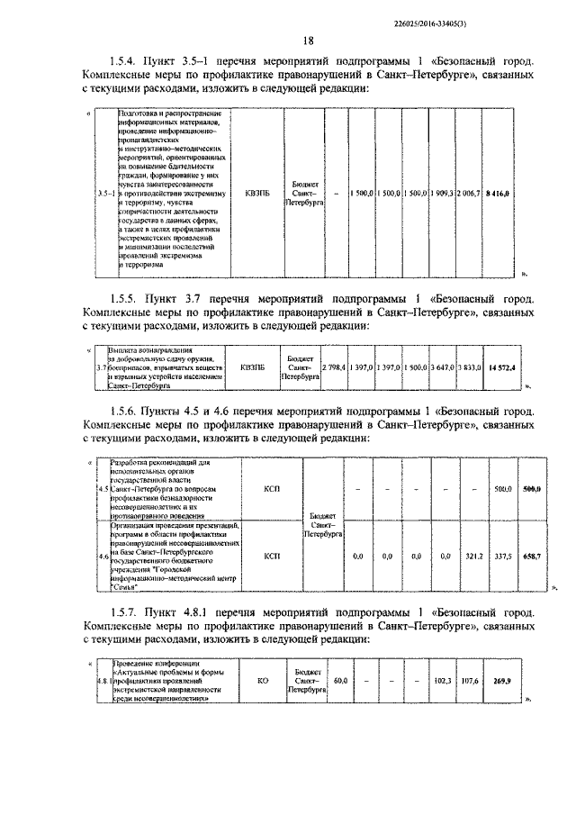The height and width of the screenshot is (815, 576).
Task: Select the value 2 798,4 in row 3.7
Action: (335, 367)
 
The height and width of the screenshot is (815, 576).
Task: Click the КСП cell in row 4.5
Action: (272, 489)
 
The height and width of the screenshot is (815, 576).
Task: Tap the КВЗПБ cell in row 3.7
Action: (255, 367)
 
